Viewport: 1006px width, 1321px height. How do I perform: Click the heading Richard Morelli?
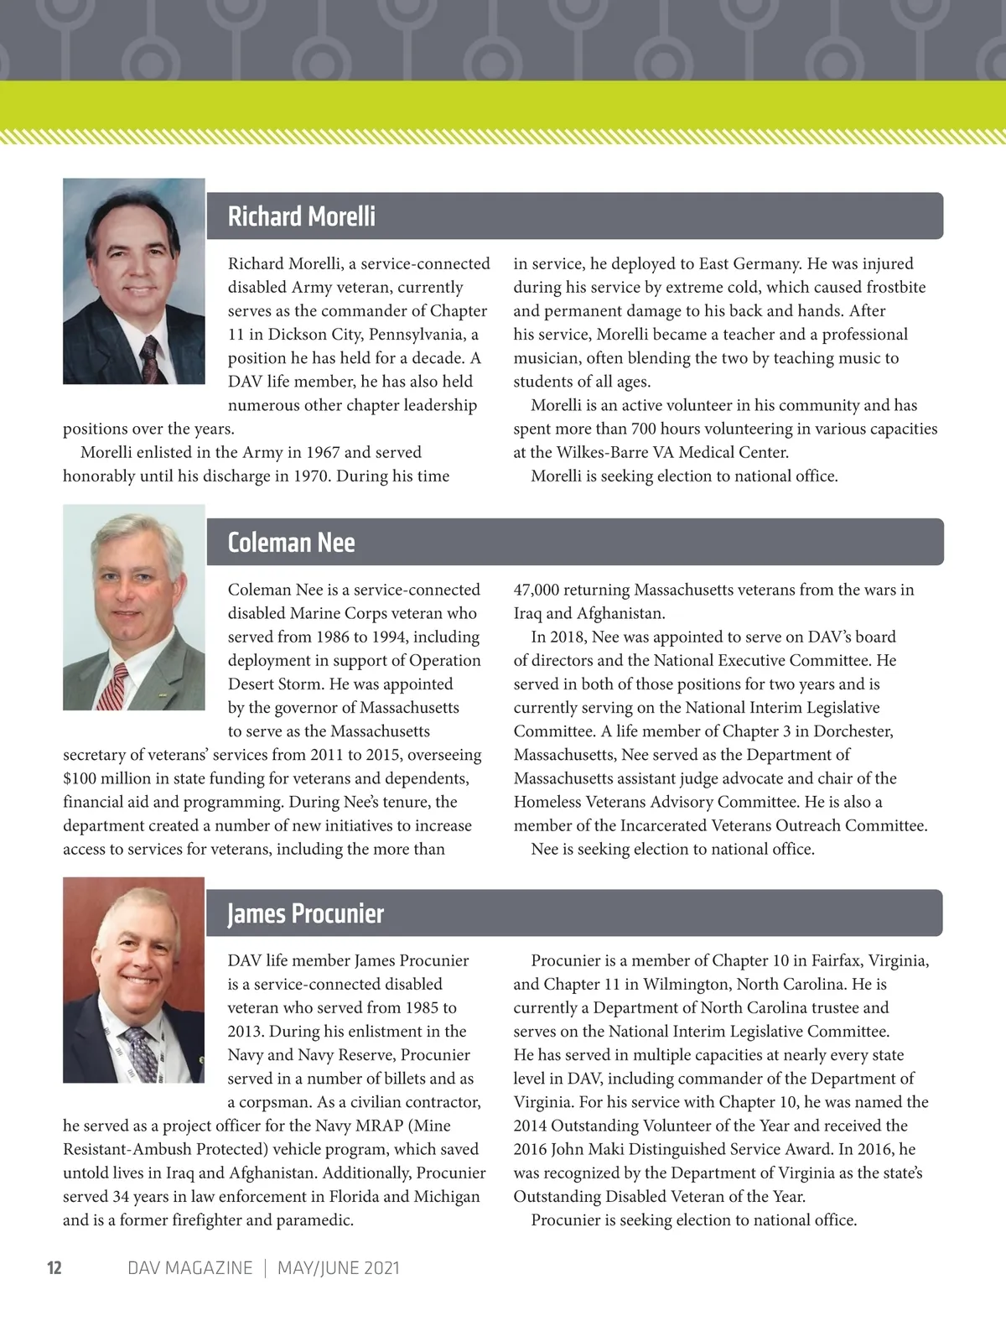(301, 216)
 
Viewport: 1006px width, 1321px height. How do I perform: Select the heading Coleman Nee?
(291, 543)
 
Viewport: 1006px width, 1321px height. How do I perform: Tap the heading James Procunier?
(305, 913)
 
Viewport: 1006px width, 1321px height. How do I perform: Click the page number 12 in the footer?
(54, 1267)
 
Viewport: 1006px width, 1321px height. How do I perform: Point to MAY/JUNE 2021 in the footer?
(339, 1267)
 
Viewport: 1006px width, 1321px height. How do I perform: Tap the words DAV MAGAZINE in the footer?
(189, 1267)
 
